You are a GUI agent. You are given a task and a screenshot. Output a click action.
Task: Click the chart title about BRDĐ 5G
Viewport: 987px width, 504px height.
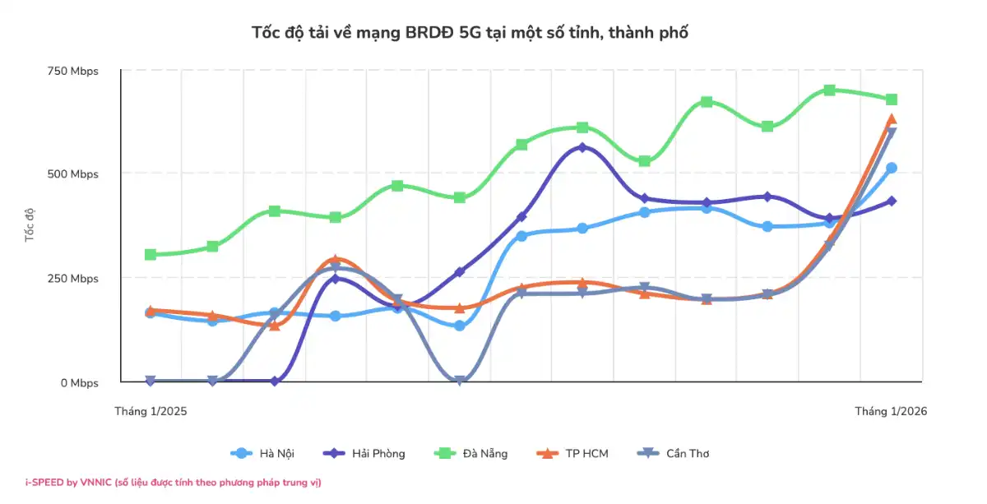[469, 33]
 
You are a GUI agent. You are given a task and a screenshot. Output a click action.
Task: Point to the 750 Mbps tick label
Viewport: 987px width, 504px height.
[72, 71]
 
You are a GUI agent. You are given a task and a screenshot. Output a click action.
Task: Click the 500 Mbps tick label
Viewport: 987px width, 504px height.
[72, 174]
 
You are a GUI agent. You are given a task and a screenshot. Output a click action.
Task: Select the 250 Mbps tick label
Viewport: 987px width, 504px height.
[72, 279]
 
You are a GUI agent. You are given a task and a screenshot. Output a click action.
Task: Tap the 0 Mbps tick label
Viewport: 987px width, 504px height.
[79, 383]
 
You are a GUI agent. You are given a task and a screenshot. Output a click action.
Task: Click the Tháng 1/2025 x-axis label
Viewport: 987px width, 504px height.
[151, 411]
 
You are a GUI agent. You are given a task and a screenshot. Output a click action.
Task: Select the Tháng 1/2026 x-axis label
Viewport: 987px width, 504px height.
[891, 411]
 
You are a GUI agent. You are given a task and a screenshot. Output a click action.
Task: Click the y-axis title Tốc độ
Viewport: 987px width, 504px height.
[30, 224]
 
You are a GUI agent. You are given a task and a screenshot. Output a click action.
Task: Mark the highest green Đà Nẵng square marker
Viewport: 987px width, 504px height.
[829, 90]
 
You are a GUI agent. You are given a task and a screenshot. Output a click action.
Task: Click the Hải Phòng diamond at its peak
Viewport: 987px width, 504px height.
[582, 148]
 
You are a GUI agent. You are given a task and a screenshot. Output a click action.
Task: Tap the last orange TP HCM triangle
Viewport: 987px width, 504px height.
[891, 120]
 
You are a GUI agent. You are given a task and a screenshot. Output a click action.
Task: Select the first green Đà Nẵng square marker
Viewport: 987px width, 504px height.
[151, 255]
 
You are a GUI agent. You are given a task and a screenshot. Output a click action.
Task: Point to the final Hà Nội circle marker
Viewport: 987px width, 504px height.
[891, 168]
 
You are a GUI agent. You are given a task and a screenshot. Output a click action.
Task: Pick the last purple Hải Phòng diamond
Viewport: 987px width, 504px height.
[891, 201]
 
